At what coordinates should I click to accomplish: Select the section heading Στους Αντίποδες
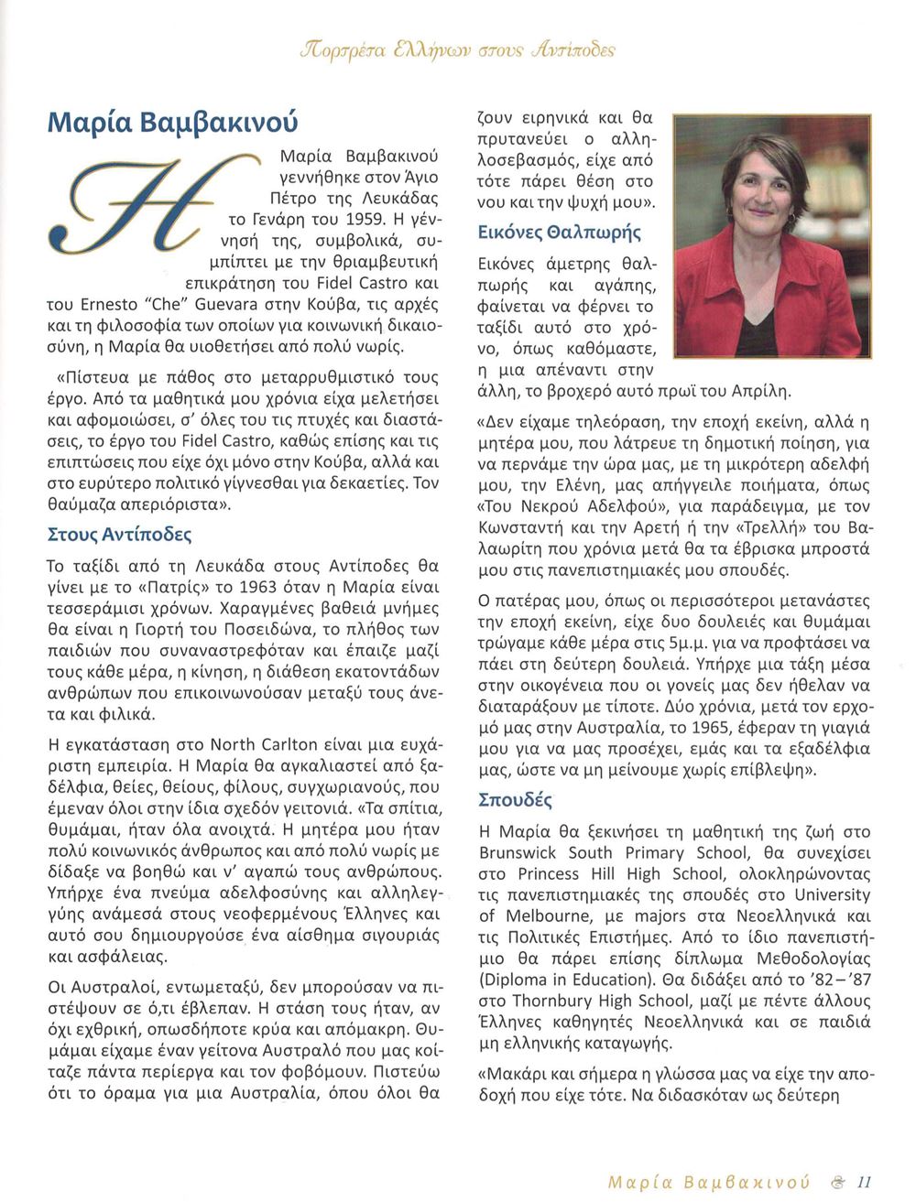(119, 534)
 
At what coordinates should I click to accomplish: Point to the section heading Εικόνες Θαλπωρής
(560, 233)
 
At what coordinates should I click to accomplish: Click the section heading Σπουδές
(516, 800)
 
